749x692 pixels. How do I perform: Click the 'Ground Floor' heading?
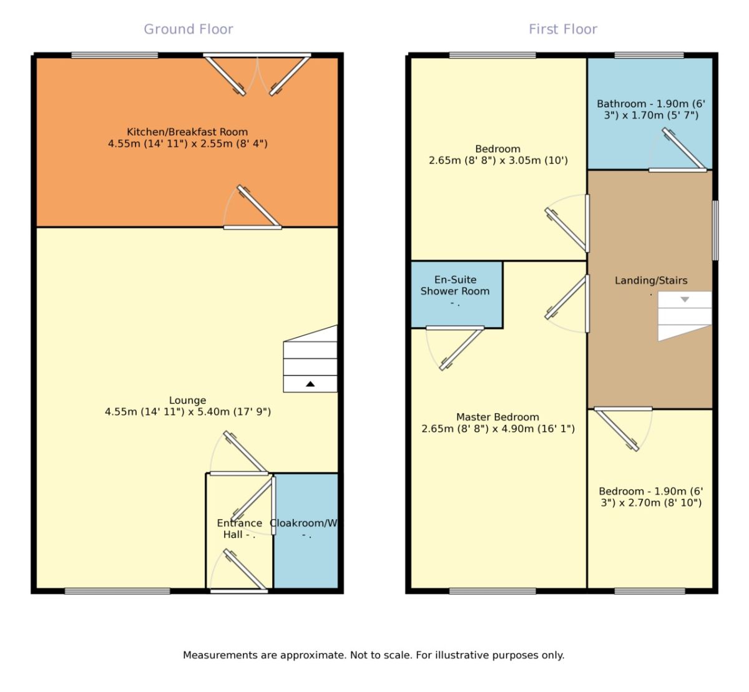pyautogui.click(x=188, y=29)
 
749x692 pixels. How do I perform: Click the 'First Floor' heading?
pyautogui.click(x=562, y=29)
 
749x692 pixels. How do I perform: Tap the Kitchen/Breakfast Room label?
pyautogui.click(x=187, y=137)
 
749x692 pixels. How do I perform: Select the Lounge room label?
pyautogui.click(x=187, y=406)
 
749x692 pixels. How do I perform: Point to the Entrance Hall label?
pyautogui.click(x=239, y=529)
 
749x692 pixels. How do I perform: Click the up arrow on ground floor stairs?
pyautogui.click(x=310, y=384)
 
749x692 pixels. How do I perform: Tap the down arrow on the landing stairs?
pyautogui.click(x=685, y=300)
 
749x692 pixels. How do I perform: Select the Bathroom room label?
pyautogui.click(x=650, y=109)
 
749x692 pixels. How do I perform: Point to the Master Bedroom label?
pyautogui.click(x=497, y=422)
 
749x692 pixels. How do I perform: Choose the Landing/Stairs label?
pyautogui.click(x=650, y=281)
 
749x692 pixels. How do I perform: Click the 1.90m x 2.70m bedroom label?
pyautogui.click(x=650, y=497)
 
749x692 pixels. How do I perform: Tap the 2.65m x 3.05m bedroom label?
pyautogui.click(x=497, y=154)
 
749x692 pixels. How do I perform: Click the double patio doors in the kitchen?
pyautogui.click(x=257, y=75)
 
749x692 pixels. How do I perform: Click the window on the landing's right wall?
pyautogui.click(x=715, y=230)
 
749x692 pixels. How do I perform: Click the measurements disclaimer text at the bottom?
pyautogui.click(x=373, y=655)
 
